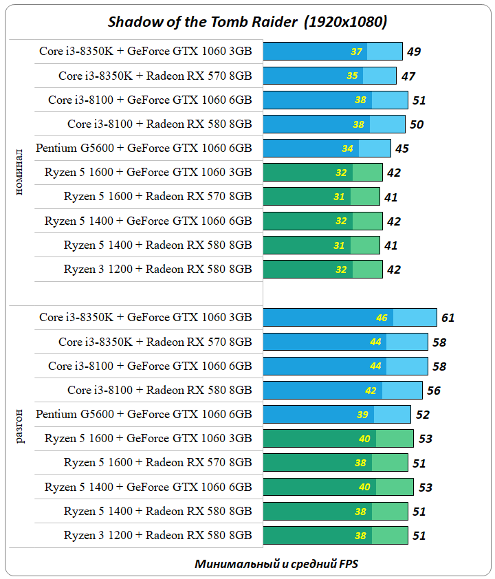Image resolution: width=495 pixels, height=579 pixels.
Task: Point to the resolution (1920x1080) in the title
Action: pyautogui.click(x=346, y=21)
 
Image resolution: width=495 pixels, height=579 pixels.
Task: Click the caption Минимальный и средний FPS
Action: pyautogui.click(x=276, y=564)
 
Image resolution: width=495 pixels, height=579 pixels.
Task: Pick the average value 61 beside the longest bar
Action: pyautogui.click(x=448, y=318)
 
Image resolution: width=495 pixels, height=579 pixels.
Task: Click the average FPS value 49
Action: pyautogui.click(x=414, y=52)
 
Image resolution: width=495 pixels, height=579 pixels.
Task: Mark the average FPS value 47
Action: pyautogui.click(x=407, y=76)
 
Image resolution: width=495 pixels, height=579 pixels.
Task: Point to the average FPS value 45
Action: pyautogui.click(x=401, y=149)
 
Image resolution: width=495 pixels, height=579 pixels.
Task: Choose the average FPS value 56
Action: pyautogui.click(x=434, y=391)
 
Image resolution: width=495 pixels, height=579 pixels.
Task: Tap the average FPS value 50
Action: pyautogui.click(x=417, y=124)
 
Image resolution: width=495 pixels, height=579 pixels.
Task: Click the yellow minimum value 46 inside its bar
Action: pyautogui.click(x=382, y=318)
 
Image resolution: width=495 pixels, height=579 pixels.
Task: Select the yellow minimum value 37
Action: pyautogui.click(x=356, y=52)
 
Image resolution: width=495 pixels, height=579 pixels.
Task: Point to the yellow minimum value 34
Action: pyautogui.click(x=348, y=149)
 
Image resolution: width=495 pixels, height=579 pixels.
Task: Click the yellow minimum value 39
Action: pyautogui.click(x=363, y=415)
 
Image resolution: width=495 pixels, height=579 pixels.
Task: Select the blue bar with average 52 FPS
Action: pyautogui.click(x=337, y=414)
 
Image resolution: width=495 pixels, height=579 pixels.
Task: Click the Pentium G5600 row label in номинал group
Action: pyautogui.click(x=144, y=148)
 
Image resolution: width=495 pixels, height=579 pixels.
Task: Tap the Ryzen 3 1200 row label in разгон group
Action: pyautogui.click(x=157, y=535)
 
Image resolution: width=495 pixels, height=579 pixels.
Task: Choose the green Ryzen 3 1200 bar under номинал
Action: pyautogui.click(x=322, y=269)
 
